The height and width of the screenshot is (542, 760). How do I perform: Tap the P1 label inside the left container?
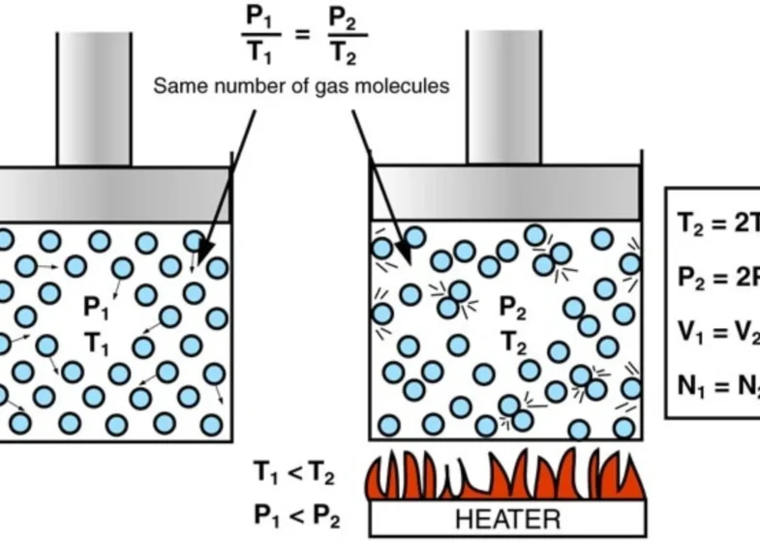point(98,308)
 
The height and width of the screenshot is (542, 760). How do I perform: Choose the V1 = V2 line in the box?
point(717,332)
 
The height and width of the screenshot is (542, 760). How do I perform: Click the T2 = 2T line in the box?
point(717,222)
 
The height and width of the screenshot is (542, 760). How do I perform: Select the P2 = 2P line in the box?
point(717,277)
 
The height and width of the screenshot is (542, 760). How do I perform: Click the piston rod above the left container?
point(94,97)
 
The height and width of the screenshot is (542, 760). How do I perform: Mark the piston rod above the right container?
point(504,97)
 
